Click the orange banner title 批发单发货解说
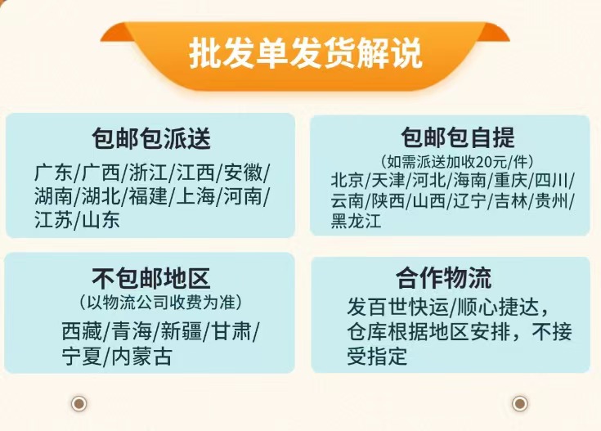point(306,53)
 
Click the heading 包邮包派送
point(151,138)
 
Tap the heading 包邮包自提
point(458,137)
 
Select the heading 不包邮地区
point(151,278)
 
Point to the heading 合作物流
point(443,277)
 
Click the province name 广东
point(53,173)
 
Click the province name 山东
point(101,220)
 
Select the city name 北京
point(347,180)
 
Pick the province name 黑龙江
point(356,221)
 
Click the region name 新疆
point(182,331)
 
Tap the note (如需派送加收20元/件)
point(457,161)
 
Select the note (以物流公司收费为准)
point(160,302)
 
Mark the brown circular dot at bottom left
point(79,403)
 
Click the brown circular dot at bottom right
point(520,403)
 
